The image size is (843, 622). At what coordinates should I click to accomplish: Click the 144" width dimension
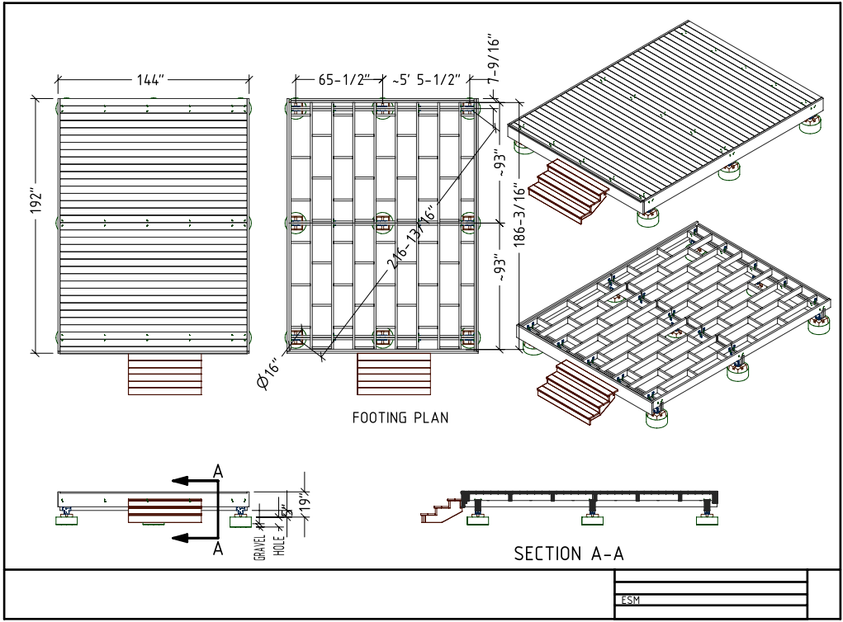[x=151, y=80]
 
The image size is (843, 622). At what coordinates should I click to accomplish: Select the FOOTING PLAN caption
[x=400, y=417]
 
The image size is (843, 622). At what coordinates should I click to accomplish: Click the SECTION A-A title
[x=569, y=554]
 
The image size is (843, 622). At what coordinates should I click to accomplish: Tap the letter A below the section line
[x=218, y=549]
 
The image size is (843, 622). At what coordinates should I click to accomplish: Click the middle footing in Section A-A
[x=591, y=517]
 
